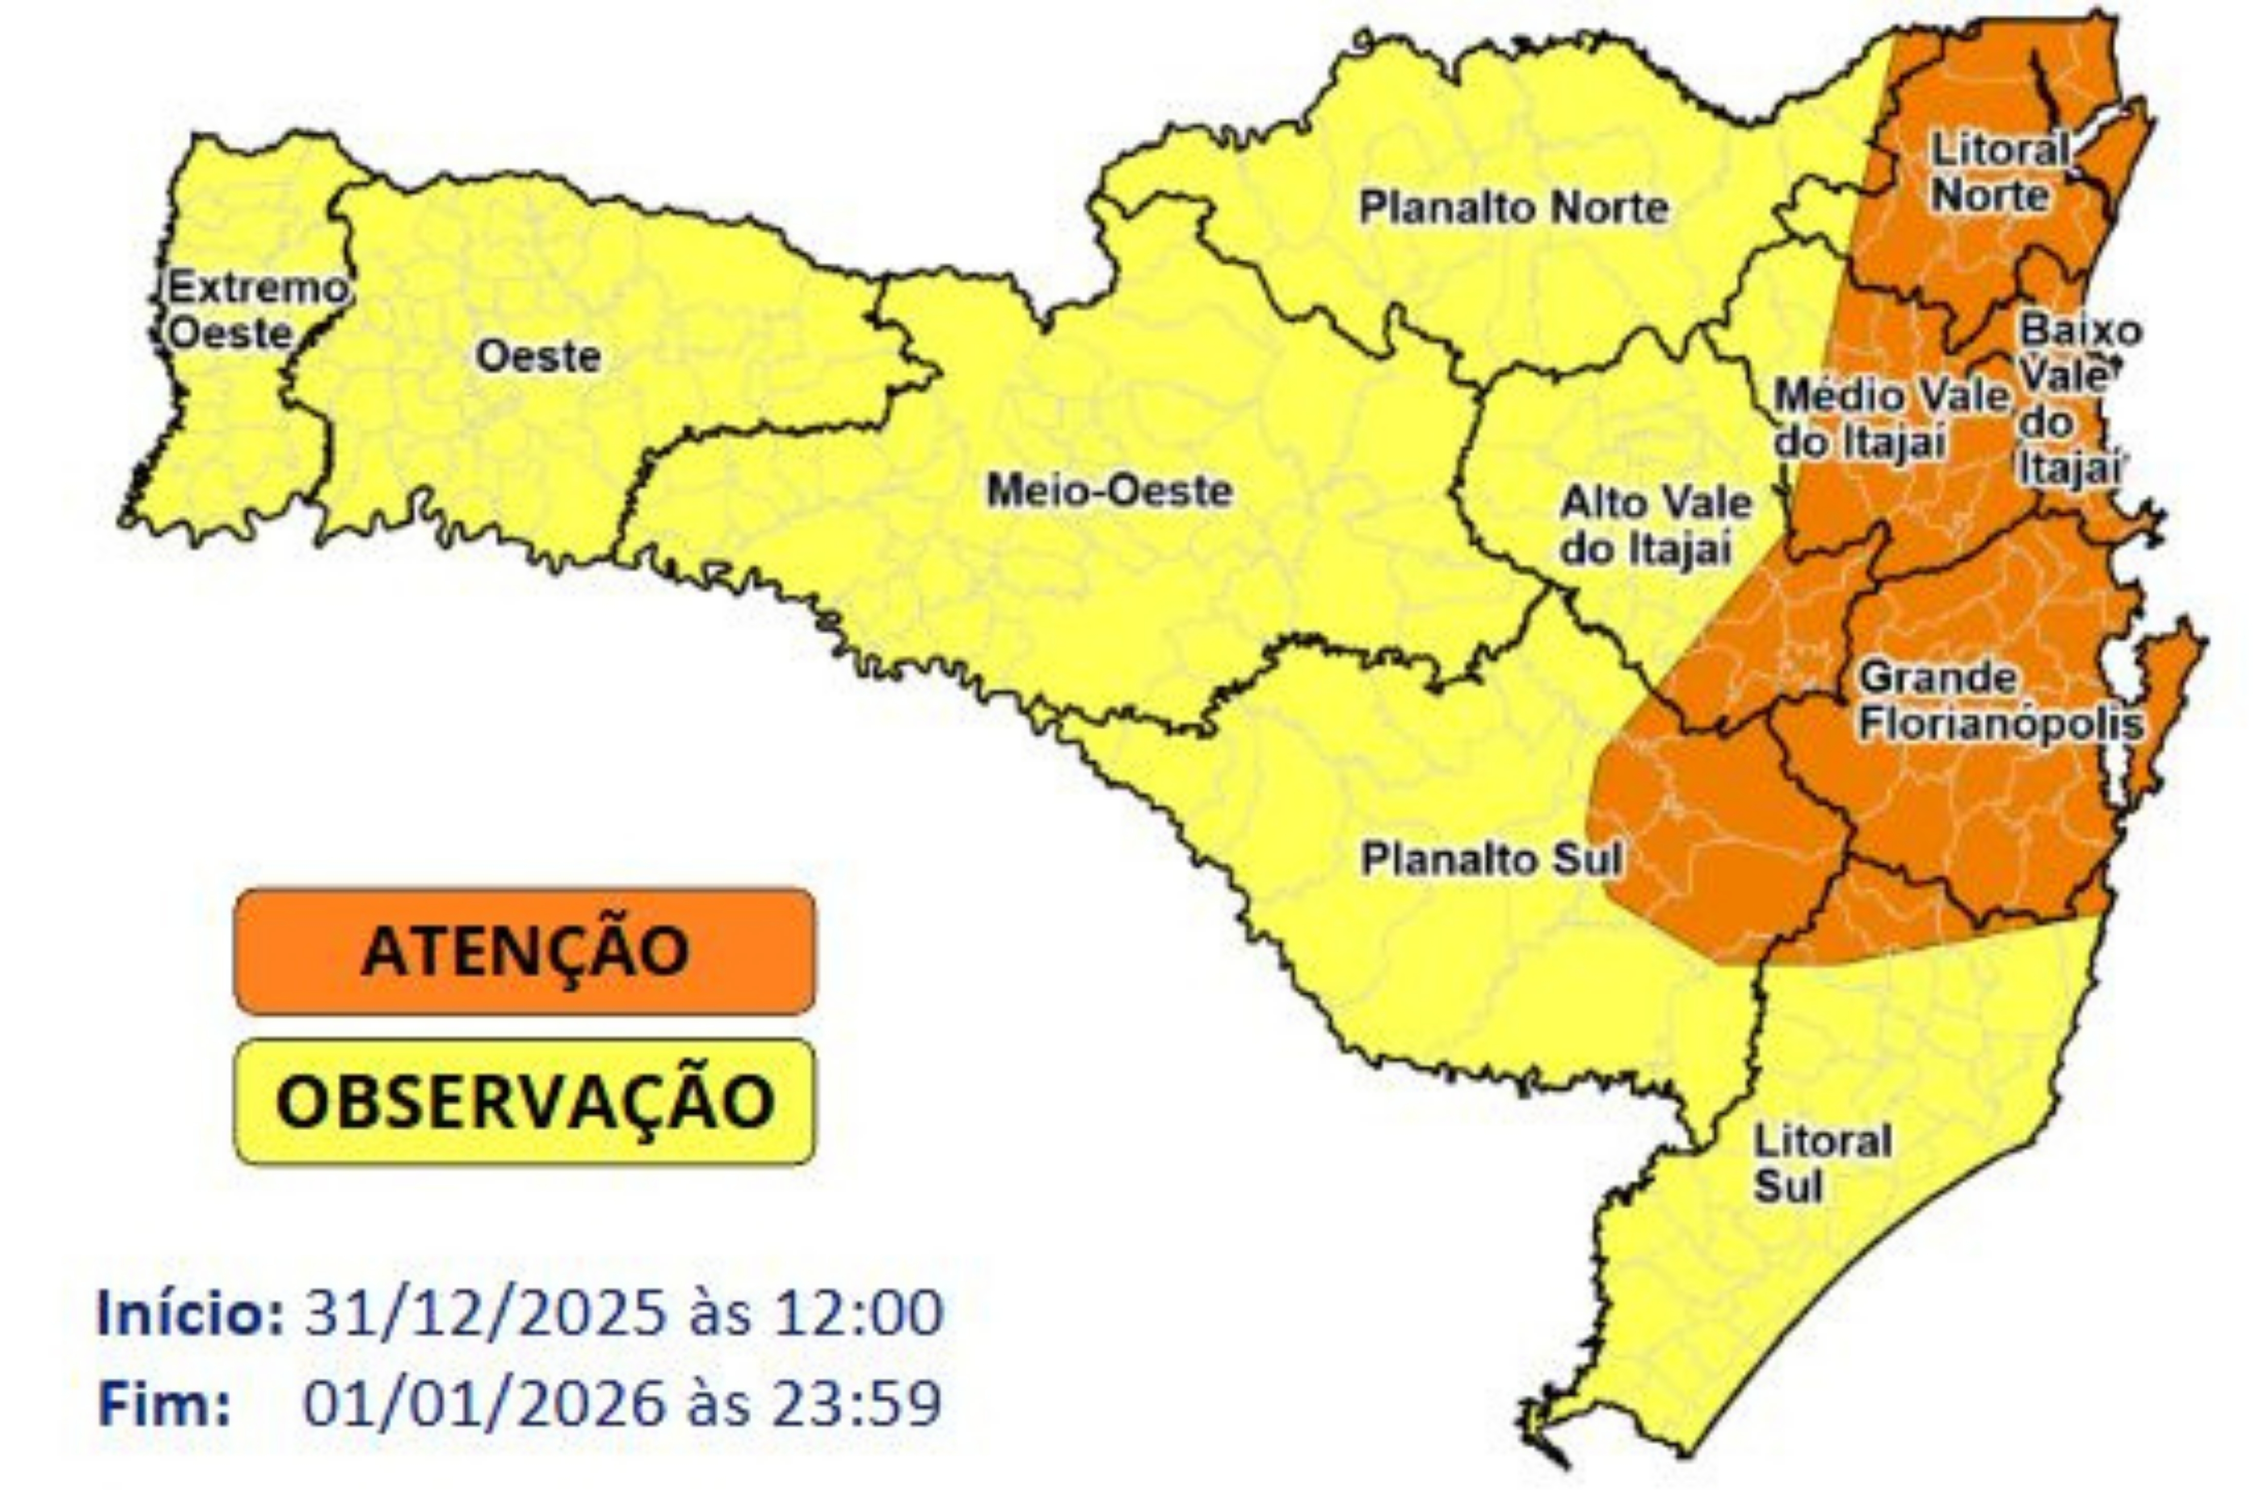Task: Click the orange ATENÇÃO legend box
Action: pos(524,950)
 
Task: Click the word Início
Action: pos(189,1313)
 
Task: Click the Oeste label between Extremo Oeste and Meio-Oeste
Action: pos(538,357)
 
